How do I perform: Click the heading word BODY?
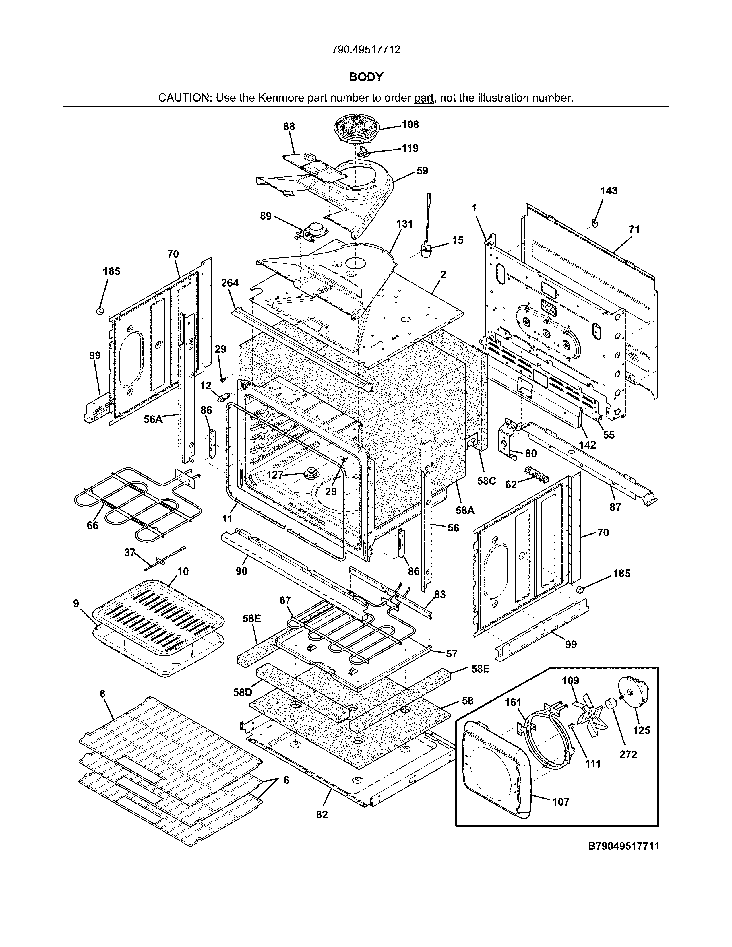pos(366,77)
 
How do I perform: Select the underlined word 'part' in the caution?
pos(424,98)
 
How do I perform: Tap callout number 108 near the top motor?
pos(410,125)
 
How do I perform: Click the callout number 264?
pos(230,283)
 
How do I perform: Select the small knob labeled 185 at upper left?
pos(99,311)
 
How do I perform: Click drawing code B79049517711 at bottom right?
pos(623,846)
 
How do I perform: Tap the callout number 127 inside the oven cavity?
pos(274,475)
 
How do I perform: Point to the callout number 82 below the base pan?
pos(322,815)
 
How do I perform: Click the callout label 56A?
pos(153,419)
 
